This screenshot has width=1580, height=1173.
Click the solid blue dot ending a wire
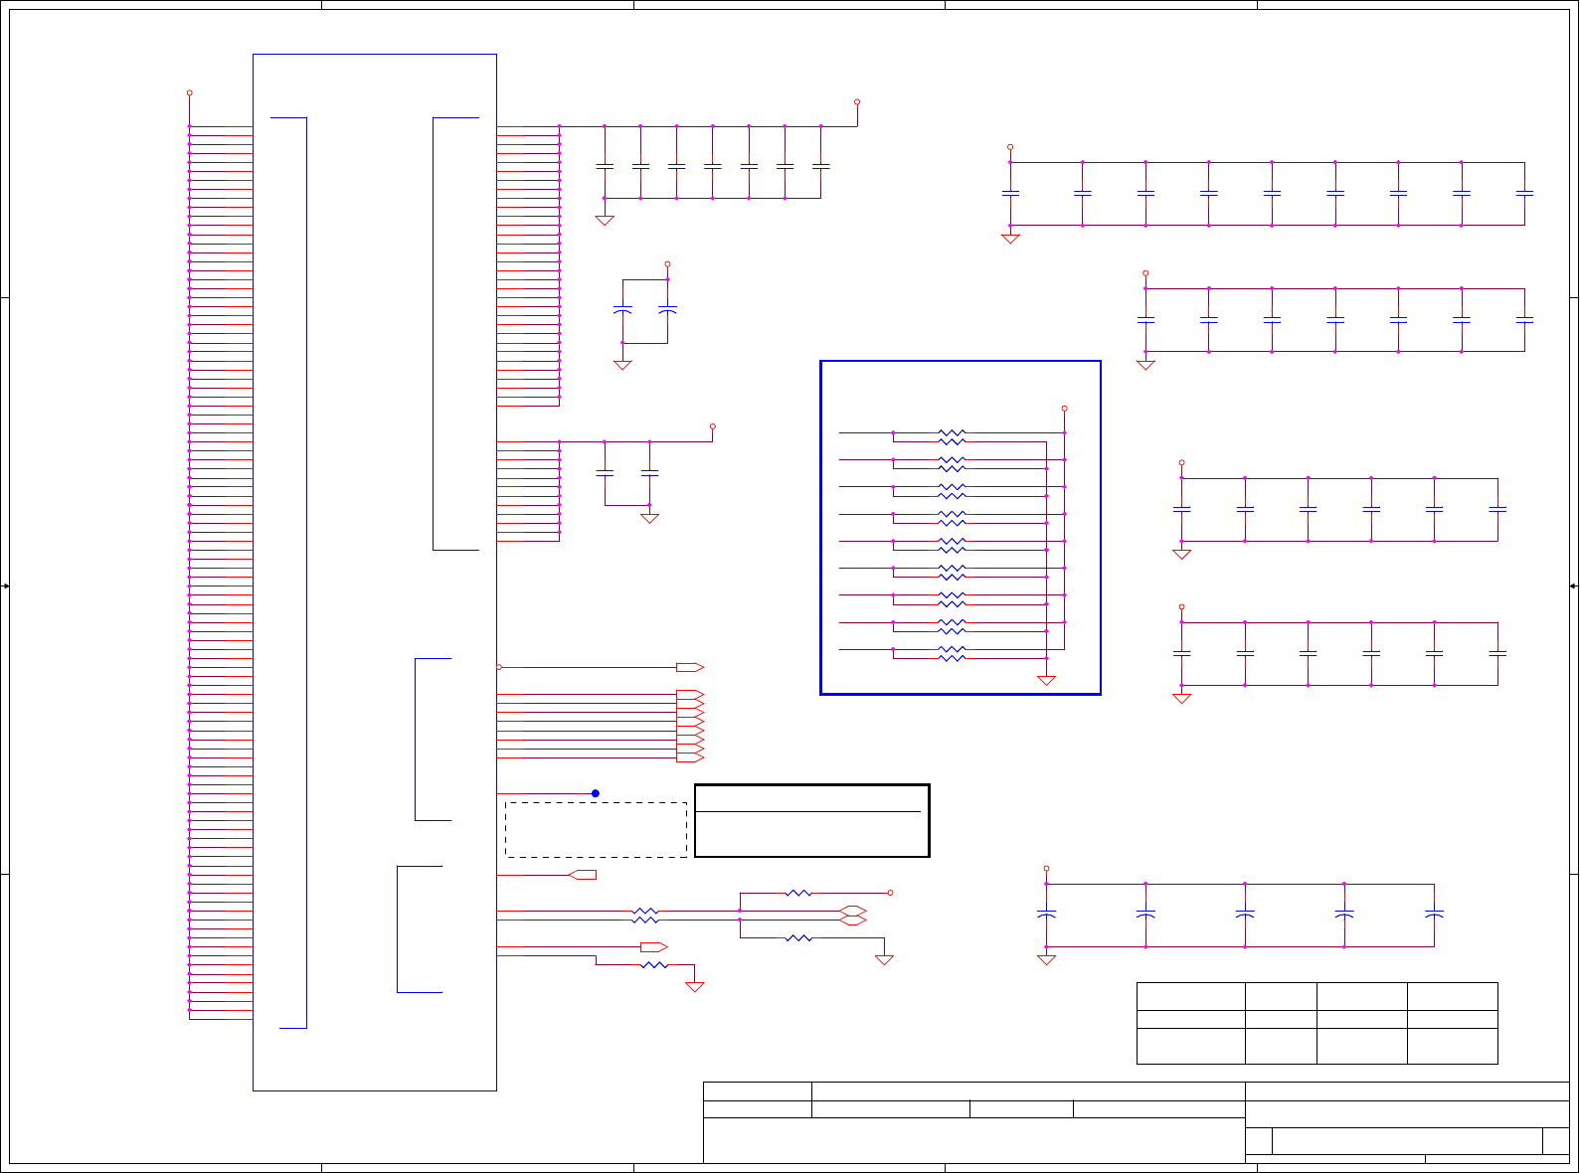point(596,793)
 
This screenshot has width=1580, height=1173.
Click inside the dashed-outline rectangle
point(596,829)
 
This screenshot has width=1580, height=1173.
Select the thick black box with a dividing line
point(811,820)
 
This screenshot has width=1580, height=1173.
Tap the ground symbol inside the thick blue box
point(1046,680)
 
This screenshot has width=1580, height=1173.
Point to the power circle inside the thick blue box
point(1064,408)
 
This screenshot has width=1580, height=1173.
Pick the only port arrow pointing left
point(584,875)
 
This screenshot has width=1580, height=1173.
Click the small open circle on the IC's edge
point(499,667)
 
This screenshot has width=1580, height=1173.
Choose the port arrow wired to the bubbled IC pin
point(689,667)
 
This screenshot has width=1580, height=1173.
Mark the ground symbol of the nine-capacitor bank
point(1010,239)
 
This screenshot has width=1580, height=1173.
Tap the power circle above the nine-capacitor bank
point(1010,147)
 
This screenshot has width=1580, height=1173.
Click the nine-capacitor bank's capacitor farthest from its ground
point(1524,194)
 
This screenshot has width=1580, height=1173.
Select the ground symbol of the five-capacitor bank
point(1046,959)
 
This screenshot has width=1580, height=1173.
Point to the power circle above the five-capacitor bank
point(1046,868)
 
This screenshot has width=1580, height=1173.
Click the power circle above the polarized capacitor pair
point(667,264)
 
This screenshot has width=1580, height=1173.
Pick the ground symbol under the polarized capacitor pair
point(622,365)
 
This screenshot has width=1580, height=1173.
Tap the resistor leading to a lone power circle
point(798,893)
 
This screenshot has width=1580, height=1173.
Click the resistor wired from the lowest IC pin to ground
point(653,964)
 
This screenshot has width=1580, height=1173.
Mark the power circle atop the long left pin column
point(189,92)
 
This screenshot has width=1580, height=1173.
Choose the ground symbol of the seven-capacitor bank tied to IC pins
point(604,221)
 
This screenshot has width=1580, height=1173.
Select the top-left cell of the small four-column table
point(1190,996)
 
